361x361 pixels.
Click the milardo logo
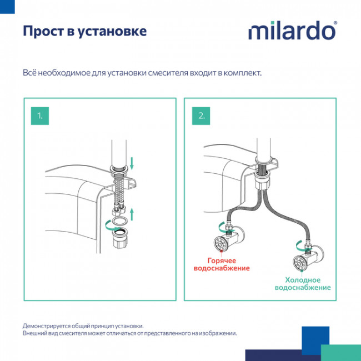[292, 31]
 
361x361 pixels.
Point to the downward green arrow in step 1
[132, 162]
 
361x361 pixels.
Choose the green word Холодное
[303, 279]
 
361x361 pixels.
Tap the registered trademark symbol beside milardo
[335, 24]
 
